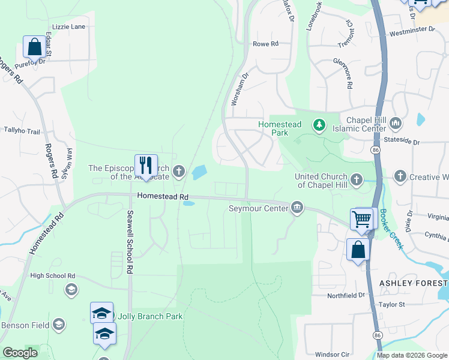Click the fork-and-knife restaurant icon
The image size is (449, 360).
click(146, 165)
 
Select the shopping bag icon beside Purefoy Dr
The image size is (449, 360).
click(34, 46)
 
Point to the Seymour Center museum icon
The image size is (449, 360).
click(297, 208)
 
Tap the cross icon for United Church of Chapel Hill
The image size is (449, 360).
click(356, 179)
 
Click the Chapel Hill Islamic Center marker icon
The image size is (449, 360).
click(395, 124)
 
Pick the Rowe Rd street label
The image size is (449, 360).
click(266, 44)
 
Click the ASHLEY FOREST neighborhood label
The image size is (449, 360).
click(414, 283)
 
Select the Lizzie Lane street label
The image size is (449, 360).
click(69, 27)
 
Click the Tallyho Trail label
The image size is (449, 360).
click(22, 131)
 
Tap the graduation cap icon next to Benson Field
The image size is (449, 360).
click(59, 325)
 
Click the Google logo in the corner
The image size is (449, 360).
click(20, 352)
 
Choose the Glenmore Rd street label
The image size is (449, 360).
click(349, 74)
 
